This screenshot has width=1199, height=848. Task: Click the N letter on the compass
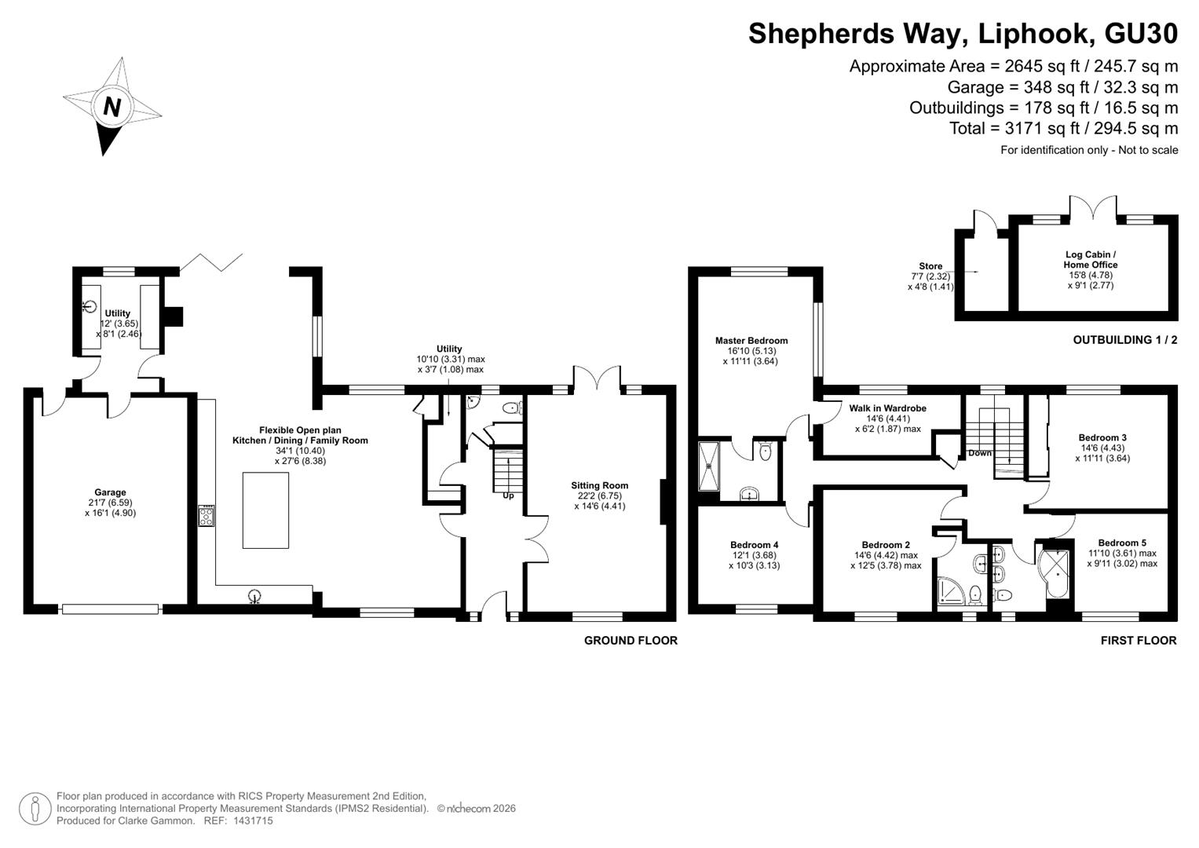(x=111, y=107)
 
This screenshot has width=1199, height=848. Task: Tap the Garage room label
(x=110, y=492)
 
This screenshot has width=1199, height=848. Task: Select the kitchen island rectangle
(x=265, y=510)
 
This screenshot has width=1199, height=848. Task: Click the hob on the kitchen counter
(x=207, y=516)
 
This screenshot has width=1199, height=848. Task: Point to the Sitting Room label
(x=600, y=485)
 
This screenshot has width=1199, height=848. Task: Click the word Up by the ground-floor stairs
(x=508, y=495)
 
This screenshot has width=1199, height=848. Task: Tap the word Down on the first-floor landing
(x=980, y=453)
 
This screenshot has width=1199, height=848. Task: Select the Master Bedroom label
(x=751, y=341)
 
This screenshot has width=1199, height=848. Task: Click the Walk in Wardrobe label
(x=887, y=408)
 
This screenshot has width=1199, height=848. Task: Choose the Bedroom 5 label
(x=1122, y=543)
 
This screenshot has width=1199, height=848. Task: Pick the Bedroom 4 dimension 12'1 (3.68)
(x=755, y=555)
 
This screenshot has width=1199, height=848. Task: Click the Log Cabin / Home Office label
(x=1091, y=260)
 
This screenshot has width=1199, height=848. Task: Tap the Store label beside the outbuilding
(x=930, y=266)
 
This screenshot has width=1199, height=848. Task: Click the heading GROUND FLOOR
(x=631, y=640)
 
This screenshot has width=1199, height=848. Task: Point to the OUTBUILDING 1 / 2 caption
(x=1125, y=340)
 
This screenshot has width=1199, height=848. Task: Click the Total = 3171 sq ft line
(x=1064, y=129)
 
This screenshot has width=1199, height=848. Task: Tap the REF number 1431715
(x=253, y=821)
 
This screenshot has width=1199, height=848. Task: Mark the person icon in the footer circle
(x=35, y=809)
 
